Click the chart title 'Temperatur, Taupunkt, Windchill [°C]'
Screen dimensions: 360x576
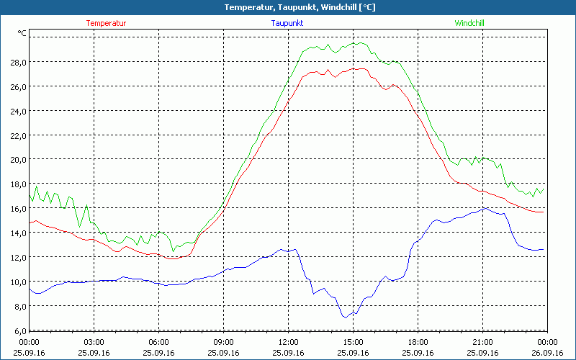[x=288, y=7]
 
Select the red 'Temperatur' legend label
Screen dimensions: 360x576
[x=106, y=23]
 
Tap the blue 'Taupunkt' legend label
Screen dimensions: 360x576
[x=287, y=23]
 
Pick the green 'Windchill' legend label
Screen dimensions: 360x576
[x=469, y=23]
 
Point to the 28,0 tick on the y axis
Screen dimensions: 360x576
[x=17, y=62]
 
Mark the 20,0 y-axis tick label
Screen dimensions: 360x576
[x=17, y=159]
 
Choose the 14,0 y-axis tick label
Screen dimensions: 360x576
[x=17, y=233]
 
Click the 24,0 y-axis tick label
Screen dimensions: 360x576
[x=17, y=111]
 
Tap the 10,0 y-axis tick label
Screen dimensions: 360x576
[x=17, y=282]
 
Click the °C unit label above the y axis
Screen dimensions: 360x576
[x=22, y=33]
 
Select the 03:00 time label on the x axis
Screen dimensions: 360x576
[x=94, y=342]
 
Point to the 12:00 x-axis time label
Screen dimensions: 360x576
[x=288, y=342]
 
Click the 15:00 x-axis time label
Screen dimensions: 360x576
[x=353, y=342]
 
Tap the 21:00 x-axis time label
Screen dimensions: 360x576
[x=482, y=342]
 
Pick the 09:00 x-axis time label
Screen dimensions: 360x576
[x=223, y=342]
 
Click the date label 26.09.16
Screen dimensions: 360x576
[x=546, y=353]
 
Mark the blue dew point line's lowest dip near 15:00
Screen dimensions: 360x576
[x=346, y=317]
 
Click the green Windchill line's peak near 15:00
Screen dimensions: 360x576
[x=358, y=42]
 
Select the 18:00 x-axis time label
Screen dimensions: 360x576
[x=418, y=342]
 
